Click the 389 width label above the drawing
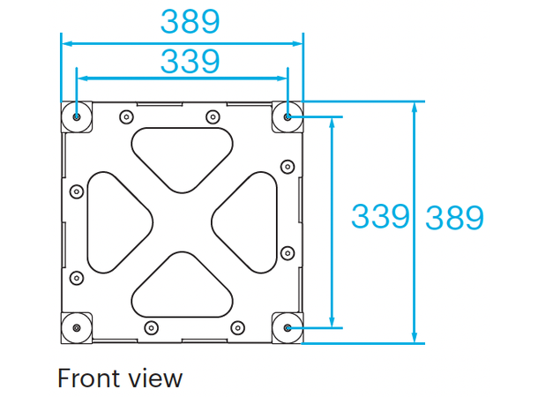[x=189, y=20]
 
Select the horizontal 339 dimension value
[x=189, y=62]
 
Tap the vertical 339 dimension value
[x=381, y=216]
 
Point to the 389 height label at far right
[x=454, y=217]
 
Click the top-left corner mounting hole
[x=78, y=116]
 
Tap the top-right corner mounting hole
[x=289, y=116]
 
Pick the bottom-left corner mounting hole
[x=78, y=327]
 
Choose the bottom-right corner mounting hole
[x=289, y=327]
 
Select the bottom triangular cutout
[x=183, y=288]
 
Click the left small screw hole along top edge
[x=127, y=116]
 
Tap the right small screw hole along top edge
[x=212, y=116]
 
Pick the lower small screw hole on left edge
[x=76, y=276]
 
